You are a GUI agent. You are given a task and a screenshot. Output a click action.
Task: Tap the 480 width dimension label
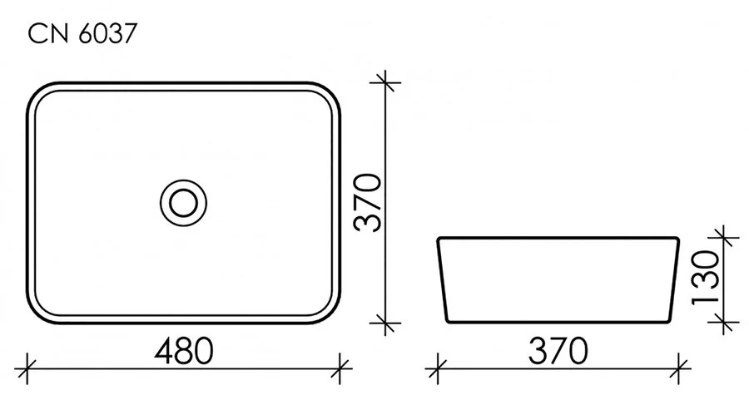click(181, 349)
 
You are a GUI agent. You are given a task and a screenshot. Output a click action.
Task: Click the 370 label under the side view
click(557, 349)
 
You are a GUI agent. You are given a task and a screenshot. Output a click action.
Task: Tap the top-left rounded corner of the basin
click(41, 93)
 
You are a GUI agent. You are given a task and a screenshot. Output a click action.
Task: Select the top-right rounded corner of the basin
click(328, 93)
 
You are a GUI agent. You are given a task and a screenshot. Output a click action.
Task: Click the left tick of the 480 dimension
click(28, 363)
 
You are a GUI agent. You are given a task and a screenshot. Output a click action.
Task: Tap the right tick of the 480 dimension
click(340, 363)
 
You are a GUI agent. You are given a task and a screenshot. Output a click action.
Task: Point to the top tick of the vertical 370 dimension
click(384, 81)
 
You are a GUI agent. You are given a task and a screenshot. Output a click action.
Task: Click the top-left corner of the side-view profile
click(439, 240)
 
